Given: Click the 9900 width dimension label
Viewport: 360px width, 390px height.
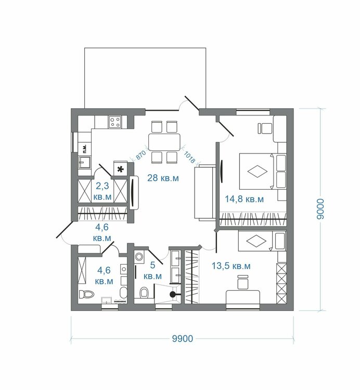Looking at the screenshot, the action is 183,339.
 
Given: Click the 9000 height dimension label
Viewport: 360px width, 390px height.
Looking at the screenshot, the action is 320,209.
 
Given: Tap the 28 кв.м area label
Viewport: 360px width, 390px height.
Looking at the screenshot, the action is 163,178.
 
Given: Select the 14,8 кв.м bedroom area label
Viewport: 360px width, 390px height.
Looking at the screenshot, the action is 244,199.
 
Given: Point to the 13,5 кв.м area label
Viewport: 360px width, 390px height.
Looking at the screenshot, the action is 231,266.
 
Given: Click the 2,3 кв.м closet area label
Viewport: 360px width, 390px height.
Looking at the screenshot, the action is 102,191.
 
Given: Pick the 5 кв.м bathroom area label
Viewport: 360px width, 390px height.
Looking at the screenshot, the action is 152,270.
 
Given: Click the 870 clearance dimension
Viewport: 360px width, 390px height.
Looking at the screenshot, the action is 141,155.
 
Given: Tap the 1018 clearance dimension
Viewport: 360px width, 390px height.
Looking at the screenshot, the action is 189,158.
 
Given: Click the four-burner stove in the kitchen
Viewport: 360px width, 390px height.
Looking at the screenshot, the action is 115,122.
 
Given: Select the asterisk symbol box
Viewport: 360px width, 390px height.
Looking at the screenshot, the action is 120,170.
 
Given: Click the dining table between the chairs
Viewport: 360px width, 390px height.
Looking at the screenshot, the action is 164,142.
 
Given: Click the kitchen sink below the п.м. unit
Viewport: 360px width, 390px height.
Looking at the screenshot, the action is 85,162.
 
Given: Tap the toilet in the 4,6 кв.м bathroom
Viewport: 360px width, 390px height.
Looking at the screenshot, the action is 86,294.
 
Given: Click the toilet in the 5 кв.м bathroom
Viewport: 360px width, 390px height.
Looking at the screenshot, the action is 144,292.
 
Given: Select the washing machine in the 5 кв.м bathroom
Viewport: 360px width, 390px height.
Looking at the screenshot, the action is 139,256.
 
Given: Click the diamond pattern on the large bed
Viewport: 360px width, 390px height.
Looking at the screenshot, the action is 258,172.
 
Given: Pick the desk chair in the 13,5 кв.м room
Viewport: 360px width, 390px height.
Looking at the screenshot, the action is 243,282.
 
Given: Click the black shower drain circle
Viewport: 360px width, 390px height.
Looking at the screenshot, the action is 172,294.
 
